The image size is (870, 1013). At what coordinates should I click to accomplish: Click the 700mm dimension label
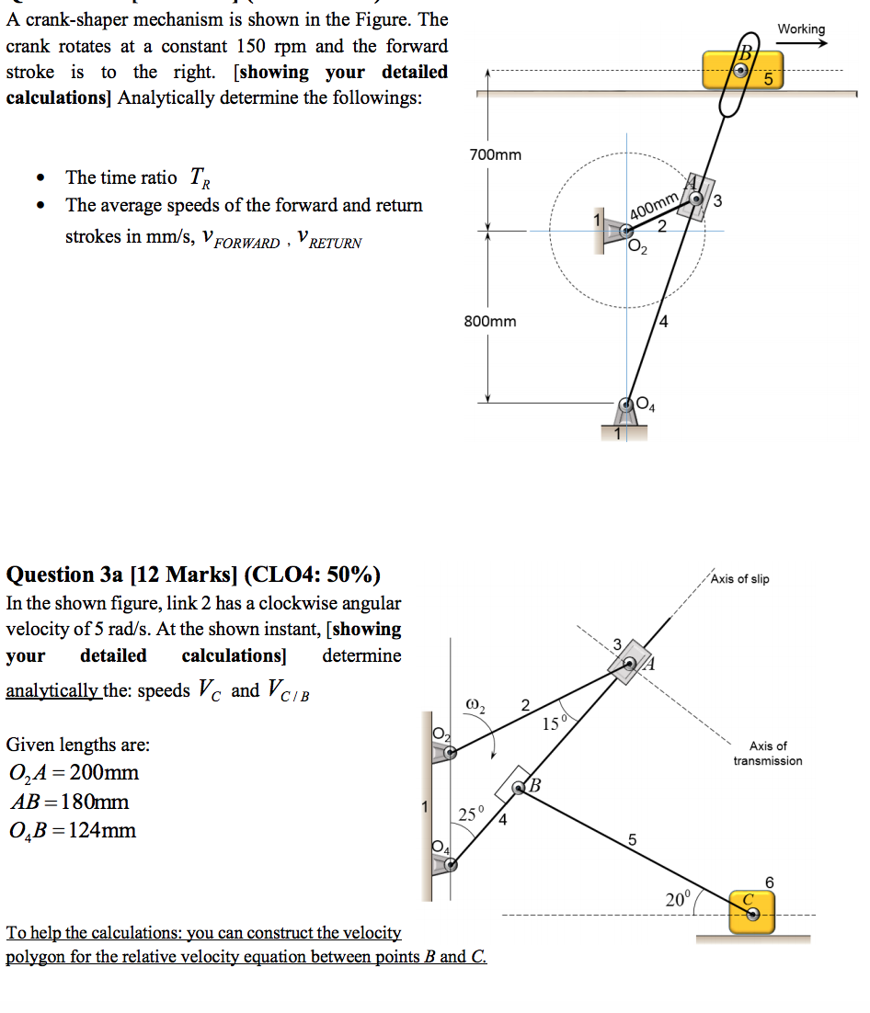coord(495,154)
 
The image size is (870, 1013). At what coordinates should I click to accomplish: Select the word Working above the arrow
coord(801,28)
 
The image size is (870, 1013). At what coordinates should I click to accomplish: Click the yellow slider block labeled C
coord(752,912)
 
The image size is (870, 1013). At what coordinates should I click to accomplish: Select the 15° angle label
coord(555,724)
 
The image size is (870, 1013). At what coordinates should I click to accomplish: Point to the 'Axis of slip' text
coord(740,579)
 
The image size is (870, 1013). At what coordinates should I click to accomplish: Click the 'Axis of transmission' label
coord(767,754)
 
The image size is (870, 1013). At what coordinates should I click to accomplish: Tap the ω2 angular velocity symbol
coord(476,706)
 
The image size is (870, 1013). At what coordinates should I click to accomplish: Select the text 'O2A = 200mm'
coord(73,772)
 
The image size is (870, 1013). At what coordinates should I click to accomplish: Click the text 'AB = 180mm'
coord(69,802)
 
